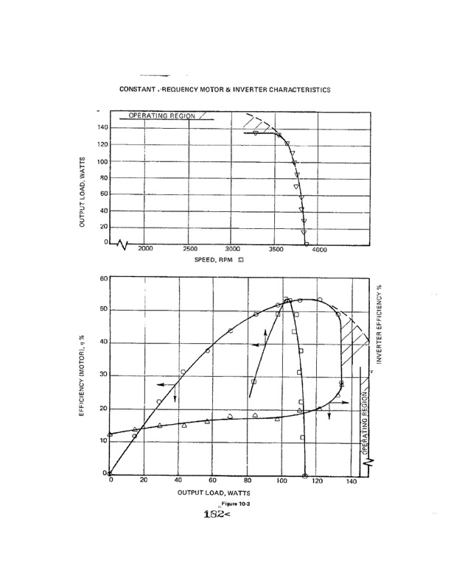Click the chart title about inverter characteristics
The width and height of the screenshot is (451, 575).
(x=224, y=89)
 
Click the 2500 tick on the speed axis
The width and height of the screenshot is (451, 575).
(x=189, y=250)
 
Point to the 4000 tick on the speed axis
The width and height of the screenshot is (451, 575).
(x=319, y=251)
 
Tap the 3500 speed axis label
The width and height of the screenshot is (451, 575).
(x=276, y=250)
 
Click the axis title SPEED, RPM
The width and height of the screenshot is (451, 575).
(x=216, y=260)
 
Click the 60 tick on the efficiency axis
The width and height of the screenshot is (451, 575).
(x=103, y=278)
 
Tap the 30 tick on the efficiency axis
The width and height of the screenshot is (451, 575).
(x=103, y=375)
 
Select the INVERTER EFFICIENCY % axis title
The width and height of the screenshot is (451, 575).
(x=380, y=324)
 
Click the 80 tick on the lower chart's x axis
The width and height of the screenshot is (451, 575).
(x=248, y=481)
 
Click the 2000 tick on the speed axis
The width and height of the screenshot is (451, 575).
(x=145, y=250)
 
